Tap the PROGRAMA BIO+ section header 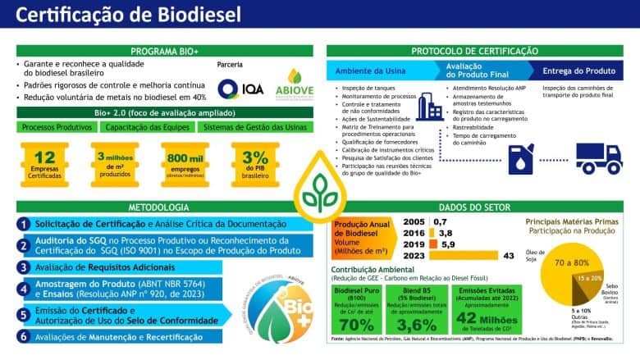161,51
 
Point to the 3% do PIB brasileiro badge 254,164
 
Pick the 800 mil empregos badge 185,164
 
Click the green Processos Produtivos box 56,127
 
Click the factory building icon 429,107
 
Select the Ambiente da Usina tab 368,71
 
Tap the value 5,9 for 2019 448,244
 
